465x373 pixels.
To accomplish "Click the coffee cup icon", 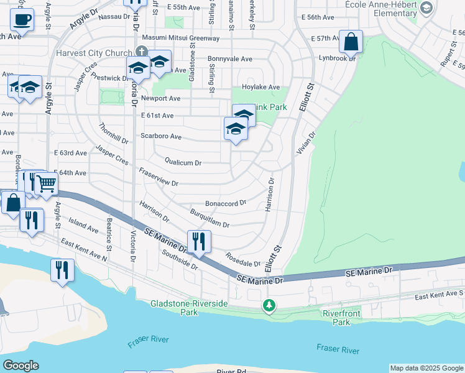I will (x=22, y=19).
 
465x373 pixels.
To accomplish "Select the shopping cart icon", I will (x=46, y=183).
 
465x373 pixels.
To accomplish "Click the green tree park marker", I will (x=269, y=305).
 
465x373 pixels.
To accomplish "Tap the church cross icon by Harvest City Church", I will (x=141, y=53).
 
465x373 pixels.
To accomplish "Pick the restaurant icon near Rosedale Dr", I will (x=199, y=241).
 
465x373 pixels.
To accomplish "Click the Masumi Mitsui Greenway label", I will (x=181, y=39).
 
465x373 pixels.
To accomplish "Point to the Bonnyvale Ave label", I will (x=230, y=59).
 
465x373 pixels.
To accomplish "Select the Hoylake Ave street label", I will (x=261, y=87).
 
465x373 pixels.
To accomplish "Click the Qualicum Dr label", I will (x=183, y=163).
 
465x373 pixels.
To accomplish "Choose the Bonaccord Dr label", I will (x=226, y=203).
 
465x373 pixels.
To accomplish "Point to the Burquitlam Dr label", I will (x=209, y=221).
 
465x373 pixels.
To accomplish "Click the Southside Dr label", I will (x=179, y=260).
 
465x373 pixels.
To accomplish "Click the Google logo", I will (x=21, y=366).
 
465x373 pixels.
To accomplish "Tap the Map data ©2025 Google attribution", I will (x=426, y=368).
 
